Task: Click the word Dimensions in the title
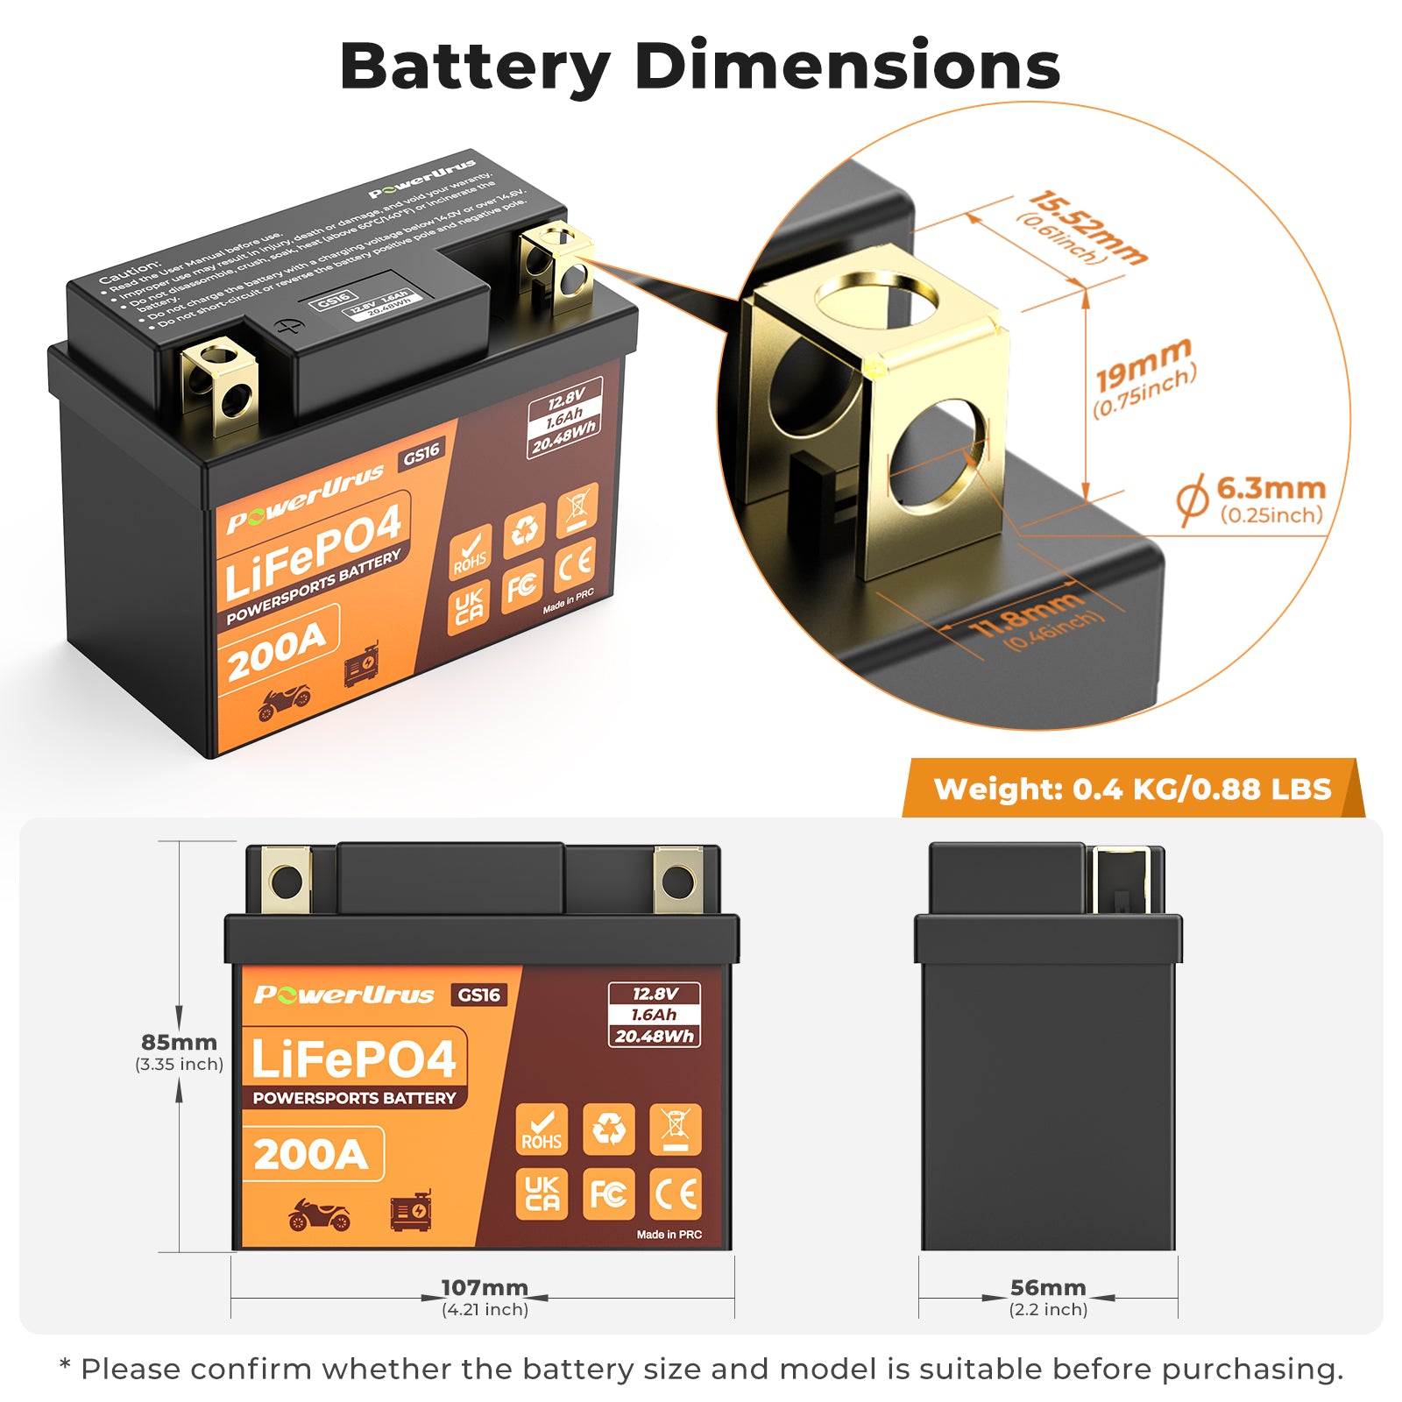click(x=847, y=67)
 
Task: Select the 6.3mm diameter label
click(x=1270, y=489)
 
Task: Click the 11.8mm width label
click(x=1025, y=614)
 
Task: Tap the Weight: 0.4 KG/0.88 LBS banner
click(x=1132, y=789)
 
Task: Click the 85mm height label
click(x=179, y=1043)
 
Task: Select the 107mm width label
click(x=485, y=1287)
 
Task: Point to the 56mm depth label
click(x=1048, y=1287)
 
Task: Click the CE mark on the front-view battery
click(x=676, y=1194)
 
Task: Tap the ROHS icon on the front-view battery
click(x=542, y=1129)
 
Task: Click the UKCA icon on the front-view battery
click(x=542, y=1194)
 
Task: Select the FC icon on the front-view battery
click(x=608, y=1194)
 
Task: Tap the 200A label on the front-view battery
click(x=311, y=1154)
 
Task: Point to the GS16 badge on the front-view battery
click(x=479, y=995)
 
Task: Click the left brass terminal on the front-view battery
click(x=287, y=881)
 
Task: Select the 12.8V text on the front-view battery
click(x=655, y=994)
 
